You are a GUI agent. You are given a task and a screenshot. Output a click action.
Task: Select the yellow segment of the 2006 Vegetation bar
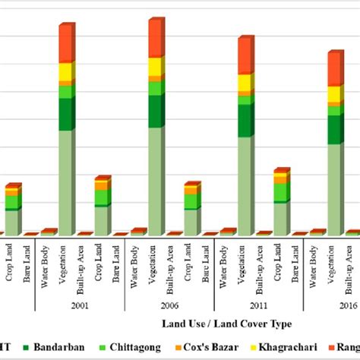(155, 68)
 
